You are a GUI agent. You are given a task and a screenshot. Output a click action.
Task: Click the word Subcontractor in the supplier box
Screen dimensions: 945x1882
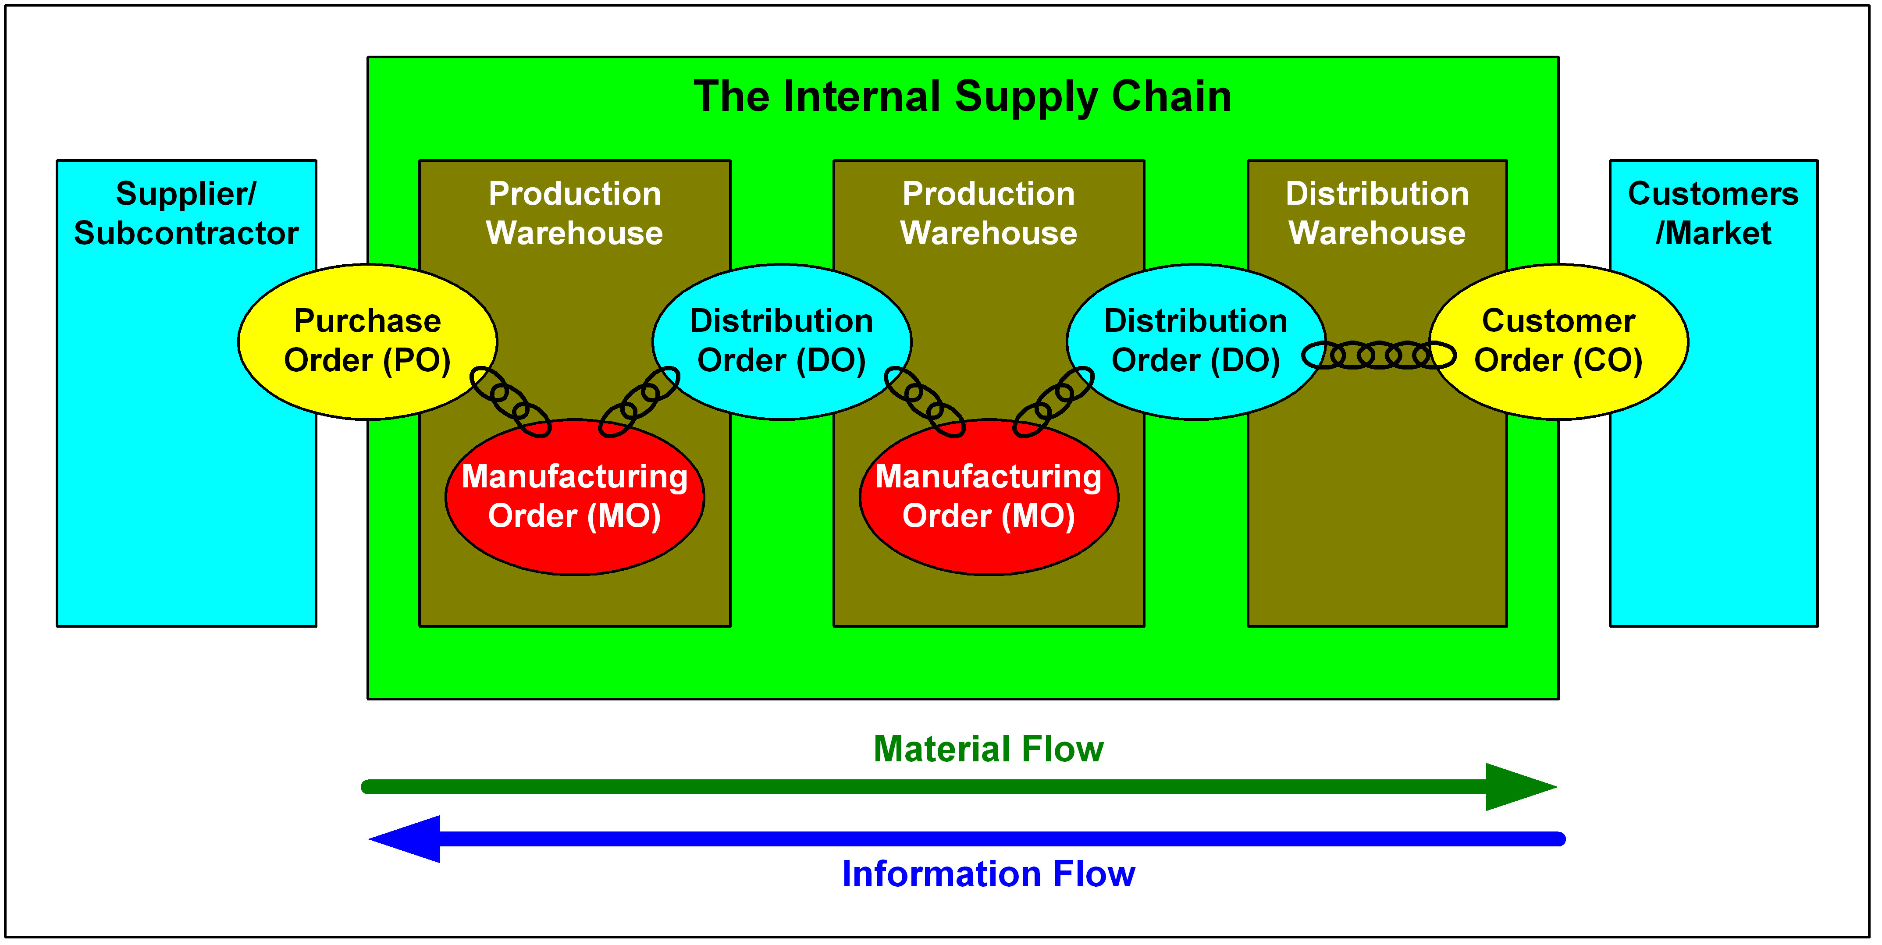(186, 234)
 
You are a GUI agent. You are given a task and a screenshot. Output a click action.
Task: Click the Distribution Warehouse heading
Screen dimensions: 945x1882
(1377, 213)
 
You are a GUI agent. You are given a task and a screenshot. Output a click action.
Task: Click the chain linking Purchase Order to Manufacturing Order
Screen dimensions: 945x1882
(509, 401)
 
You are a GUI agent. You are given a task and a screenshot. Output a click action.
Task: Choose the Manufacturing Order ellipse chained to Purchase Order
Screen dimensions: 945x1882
(574, 497)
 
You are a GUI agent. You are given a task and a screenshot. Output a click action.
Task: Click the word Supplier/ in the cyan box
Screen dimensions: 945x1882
(186, 194)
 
